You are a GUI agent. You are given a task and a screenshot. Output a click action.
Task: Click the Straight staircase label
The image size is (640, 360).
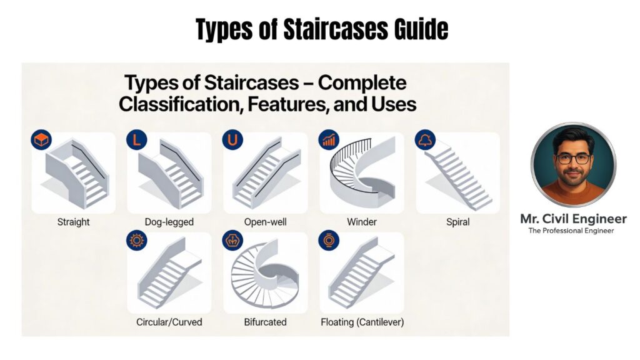73,222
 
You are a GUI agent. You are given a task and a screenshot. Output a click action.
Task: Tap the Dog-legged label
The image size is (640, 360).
169,222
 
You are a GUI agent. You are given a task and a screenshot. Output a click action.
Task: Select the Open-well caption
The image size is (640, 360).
265,222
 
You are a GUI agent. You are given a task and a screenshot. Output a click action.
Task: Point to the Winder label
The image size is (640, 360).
361,222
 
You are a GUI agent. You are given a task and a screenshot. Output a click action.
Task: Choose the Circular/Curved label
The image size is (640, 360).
169,322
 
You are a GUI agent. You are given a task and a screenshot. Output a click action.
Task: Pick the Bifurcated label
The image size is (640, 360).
265,322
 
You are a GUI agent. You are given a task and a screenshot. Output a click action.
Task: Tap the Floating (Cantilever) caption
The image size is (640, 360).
362,322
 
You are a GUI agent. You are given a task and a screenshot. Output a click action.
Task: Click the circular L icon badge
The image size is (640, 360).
136,140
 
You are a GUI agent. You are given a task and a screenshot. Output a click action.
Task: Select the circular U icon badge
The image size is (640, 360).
232,140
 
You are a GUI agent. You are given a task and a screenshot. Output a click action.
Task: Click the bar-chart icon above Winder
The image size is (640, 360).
329,140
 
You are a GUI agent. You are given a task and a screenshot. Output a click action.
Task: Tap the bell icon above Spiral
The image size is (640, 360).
425,140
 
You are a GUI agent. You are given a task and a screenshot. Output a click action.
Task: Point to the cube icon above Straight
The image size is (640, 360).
41,140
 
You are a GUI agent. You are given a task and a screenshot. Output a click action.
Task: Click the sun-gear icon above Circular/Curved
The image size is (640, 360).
136,241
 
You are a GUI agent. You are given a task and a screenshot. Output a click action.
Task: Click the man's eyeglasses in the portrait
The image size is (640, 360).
572,158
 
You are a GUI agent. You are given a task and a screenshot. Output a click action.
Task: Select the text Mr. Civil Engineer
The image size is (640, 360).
573,219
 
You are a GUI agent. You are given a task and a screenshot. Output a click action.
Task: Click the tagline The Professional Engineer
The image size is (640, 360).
571,231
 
